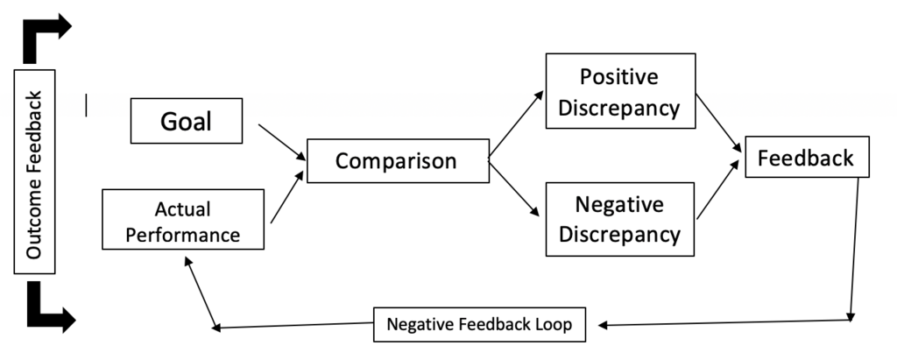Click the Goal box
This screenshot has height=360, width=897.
click(186, 121)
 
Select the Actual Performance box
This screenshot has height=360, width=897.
click(184, 222)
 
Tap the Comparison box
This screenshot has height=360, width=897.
click(396, 161)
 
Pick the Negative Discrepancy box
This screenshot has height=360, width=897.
click(620, 219)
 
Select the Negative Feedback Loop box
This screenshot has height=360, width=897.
click(479, 324)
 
